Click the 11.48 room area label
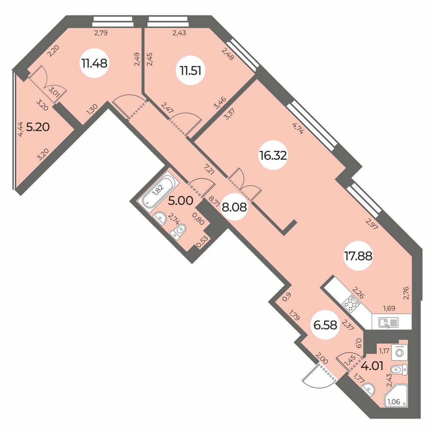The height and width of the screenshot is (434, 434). tap(94, 64)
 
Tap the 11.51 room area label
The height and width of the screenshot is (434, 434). tap(191, 71)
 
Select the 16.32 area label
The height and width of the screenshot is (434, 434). tap(273, 156)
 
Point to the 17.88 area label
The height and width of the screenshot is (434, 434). tap(358, 256)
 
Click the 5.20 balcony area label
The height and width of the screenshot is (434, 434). tap(38, 127)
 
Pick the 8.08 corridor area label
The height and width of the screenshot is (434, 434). tap(234, 207)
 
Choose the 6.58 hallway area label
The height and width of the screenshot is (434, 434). tap(325, 325)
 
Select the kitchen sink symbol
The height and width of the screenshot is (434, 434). tap(389, 322)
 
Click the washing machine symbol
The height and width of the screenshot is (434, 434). tap(399, 352)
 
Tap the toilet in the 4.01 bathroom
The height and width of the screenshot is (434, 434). tap(399, 369)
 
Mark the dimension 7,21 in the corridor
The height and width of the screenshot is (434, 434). tap(210, 169)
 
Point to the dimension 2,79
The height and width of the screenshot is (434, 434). tap(101, 33)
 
